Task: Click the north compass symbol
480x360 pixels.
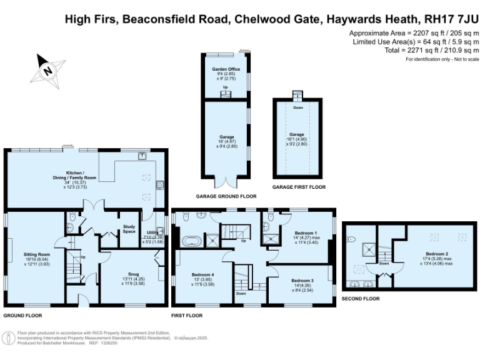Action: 46,70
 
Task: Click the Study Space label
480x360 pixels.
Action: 129,229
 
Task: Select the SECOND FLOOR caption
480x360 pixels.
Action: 361,299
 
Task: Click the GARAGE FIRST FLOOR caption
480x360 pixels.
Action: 299,187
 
